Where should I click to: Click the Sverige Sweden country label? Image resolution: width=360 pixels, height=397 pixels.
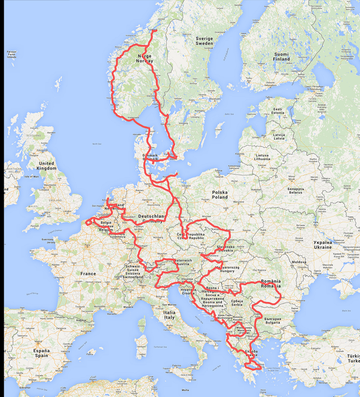[204, 41]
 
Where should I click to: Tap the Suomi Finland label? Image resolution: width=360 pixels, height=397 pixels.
[280, 56]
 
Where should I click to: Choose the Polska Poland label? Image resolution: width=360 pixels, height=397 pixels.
[219, 194]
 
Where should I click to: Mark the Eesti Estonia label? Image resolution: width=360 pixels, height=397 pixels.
[278, 112]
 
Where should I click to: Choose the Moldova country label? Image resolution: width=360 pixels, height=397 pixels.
[298, 262]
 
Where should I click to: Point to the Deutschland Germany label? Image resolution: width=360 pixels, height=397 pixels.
[152, 218]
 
